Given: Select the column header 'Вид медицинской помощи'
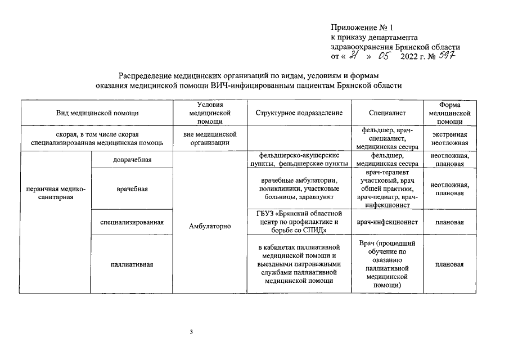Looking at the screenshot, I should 97,113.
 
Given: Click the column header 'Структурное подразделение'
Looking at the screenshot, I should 299,113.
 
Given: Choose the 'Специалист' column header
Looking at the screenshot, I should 387,113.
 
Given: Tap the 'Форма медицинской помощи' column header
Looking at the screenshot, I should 449,113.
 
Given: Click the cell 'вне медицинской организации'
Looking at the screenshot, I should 210,138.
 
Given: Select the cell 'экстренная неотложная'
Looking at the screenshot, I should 449,138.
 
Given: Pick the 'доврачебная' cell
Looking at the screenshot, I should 132,160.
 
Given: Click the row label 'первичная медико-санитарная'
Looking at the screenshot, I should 55,193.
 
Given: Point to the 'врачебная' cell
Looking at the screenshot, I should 132,188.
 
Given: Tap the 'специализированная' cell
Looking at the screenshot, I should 132,222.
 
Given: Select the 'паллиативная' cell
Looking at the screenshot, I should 132,264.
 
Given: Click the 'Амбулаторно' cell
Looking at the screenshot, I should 210,226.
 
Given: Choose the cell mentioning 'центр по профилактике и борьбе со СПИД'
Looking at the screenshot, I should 299,222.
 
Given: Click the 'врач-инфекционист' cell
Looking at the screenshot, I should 387,222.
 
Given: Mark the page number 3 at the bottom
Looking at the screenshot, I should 191,332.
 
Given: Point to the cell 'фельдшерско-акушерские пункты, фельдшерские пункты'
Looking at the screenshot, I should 299,160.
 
